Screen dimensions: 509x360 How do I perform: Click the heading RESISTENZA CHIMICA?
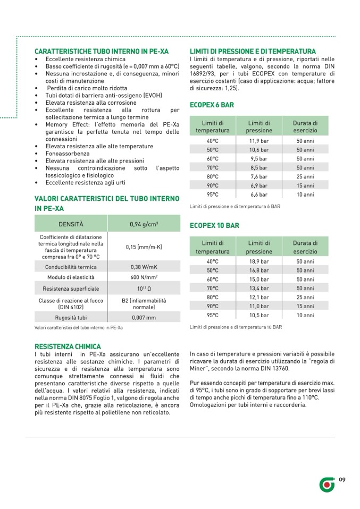click(67, 346)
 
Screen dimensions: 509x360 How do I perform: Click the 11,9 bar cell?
click(259, 141)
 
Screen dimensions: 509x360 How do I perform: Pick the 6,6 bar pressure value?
click(259, 195)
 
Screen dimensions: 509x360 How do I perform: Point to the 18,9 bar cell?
click(259, 261)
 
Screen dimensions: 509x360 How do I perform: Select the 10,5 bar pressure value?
click(259, 315)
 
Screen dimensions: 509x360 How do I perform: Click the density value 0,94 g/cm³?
click(143, 224)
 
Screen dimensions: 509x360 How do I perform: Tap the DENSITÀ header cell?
click(71, 224)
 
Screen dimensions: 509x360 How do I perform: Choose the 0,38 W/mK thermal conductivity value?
click(143, 267)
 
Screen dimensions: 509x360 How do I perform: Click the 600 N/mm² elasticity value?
click(143, 277)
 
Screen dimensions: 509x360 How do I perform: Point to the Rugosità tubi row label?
click(71, 318)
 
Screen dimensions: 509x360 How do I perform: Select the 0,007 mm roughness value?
click(143, 318)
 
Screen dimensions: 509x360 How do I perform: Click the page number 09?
click(342, 480)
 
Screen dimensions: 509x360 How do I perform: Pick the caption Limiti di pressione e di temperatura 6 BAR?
click(235, 206)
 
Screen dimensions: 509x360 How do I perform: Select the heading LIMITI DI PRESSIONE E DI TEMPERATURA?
click(253, 51)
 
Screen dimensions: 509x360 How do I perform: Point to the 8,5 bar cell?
click(259, 168)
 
